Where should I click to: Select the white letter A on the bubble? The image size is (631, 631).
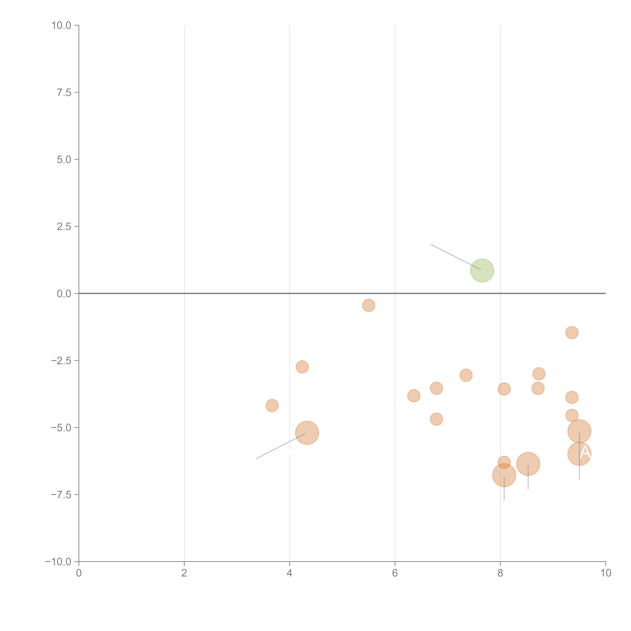(585, 453)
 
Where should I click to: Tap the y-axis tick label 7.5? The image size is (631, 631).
(64, 92)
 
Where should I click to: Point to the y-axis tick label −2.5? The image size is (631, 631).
(61, 361)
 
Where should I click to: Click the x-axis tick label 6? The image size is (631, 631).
(395, 573)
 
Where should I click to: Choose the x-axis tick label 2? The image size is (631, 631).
(184, 573)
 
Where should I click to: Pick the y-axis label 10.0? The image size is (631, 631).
(61, 25)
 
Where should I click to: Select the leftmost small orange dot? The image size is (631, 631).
(272, 406)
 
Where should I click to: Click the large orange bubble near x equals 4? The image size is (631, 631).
(307, 433)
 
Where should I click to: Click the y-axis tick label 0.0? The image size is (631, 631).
(64, 294)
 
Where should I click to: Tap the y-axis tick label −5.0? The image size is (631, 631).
(61, 428)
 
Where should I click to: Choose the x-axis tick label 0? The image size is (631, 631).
(79, 573)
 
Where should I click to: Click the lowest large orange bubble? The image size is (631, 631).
(504, 475)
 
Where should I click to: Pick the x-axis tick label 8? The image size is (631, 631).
(500, 573)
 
